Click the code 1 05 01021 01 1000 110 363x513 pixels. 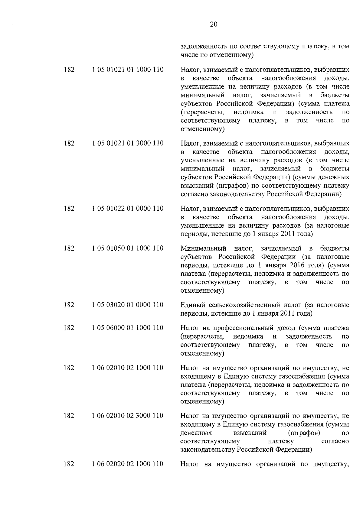(x=128, y=70)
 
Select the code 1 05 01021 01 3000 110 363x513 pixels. (x=128, y=143)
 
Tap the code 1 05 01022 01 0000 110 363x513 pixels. (x=128, y=209)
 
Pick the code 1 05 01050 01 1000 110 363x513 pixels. (x=128, y=248)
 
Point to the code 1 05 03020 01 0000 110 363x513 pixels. (x=128, y=305)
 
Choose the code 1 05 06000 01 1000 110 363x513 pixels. (x=128, y=328)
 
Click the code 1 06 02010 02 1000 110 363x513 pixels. (x=128, y=368)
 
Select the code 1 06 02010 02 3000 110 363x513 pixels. (x=128, y=416)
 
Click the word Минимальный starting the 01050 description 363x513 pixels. (x=203, y=248)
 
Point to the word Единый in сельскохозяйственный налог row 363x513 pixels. (x=191, y=305)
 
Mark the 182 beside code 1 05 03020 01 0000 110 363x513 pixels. (x=69, y=305)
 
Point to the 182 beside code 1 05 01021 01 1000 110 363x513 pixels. (x=69, y=70)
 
